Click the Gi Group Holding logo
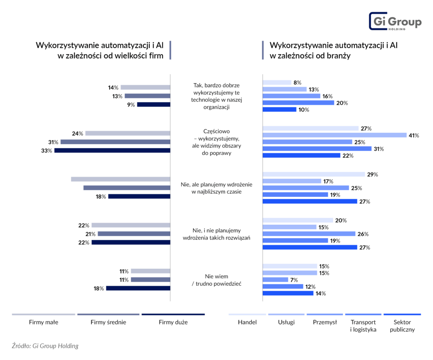[x=395, y=22]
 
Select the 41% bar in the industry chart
[x=334, y=135]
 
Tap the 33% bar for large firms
[x=112, y=150]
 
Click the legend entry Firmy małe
[x=44, y=322]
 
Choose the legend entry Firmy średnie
[x=108, y=322]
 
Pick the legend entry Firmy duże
[x=173, y=322]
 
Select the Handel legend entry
[x=247, y=322]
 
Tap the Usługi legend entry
[x=285, y=322]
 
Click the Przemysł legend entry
[x=325, y=322]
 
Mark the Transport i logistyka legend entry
[x=363, y=326]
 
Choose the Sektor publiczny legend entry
[x=402, y=326]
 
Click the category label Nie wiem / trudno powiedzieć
[x=216, y=280]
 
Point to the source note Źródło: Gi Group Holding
[x=45, y=346]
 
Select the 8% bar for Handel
[x=277, y=82]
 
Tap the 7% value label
[x=294, y=280]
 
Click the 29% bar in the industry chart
[x=314, y=174]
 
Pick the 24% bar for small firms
[x=127, y=134]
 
